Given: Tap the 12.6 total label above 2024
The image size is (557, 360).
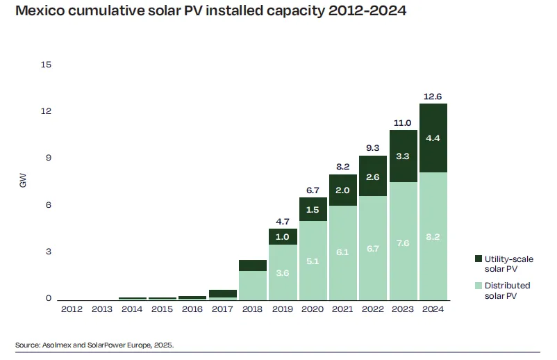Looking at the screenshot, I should (433, 96).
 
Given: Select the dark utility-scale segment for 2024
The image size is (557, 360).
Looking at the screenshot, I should (433, 138).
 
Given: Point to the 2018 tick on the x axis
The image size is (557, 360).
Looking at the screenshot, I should (252, 309).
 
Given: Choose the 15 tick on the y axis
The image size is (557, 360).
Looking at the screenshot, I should (47, 65).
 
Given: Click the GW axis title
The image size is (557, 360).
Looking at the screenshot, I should (23, 182).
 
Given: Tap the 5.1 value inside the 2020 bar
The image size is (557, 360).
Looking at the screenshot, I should (313, 262).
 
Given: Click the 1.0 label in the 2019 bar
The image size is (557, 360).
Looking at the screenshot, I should (283, 236).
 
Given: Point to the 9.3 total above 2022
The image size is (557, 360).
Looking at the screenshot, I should (373, 148).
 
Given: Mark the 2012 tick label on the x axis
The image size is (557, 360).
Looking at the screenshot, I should (72, 309).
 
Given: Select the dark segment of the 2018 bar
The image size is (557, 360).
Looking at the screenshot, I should (252, 265).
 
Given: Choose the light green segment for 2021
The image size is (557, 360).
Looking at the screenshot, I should (343, 252).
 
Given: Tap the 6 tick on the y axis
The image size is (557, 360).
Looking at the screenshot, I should (49, 206).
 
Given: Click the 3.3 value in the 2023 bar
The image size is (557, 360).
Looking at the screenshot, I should (403, 156).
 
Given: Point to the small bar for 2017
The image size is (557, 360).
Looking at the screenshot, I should (222, 294).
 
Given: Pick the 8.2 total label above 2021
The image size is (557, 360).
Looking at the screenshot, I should (343, 167).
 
